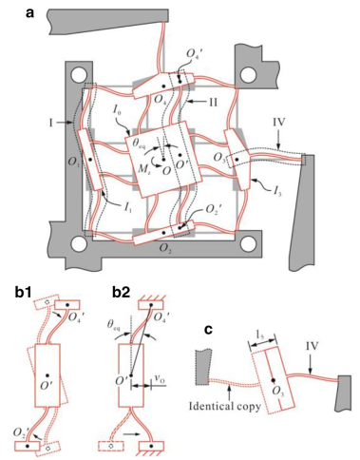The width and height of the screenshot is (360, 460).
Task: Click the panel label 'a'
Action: coord(29,13)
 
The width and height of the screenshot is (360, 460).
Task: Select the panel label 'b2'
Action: coord(122,293)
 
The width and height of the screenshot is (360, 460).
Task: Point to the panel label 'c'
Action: coord(208,330)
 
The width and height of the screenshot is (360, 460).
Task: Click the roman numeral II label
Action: coord(213,102)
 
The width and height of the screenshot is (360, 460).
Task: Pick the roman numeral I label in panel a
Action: coord(50,122)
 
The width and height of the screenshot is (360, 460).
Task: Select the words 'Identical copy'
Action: coord(225,406)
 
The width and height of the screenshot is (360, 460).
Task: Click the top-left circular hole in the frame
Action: coord(78,75)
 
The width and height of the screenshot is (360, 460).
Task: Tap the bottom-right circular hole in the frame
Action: coord(248,244)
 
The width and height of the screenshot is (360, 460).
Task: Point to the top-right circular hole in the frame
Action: coord(248,75)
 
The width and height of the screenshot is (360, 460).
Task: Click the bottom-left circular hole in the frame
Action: coord(78,244)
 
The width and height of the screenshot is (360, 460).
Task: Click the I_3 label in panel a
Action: coord(276,192)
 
